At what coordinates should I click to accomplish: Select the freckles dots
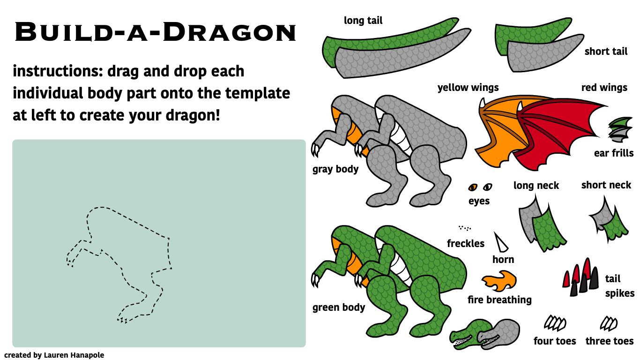point(465,228)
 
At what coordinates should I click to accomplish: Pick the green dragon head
point(469,334)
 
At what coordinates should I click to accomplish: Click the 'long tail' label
point(363,21)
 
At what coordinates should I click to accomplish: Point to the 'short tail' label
point(606,52)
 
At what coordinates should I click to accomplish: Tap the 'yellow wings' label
point(468,88)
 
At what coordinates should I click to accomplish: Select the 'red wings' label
point(604,88)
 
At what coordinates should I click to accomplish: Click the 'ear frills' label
point(614,153)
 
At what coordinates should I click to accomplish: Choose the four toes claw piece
point(555,323)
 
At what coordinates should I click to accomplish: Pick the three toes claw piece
point(609,323)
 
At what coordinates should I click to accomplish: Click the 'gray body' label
point(335,169)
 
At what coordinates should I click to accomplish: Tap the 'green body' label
point(339,308)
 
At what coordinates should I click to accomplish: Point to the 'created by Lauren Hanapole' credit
point(54,355)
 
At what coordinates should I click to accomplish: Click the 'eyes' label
point(479,201)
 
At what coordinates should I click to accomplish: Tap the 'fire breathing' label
point(499,300)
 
